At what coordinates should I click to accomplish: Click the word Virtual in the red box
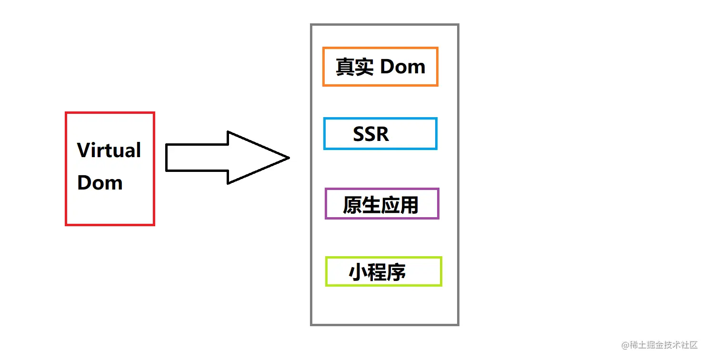tap(109, 150)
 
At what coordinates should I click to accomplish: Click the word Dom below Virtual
tap(100, 183)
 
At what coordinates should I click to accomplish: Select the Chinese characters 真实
tap(354, 67)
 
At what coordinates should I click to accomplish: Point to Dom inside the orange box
tap(403, 67)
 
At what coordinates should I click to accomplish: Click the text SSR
tap(371, 134)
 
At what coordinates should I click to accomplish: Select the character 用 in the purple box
tap(409, 205)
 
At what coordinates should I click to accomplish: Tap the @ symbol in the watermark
tap(626, 345)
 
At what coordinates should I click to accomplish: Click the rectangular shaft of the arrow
tap(196, 158)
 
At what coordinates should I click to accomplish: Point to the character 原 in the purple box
tap(352, 205)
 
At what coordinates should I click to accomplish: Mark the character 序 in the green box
tap(396, 273)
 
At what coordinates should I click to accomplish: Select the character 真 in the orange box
tap(345, 67)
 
